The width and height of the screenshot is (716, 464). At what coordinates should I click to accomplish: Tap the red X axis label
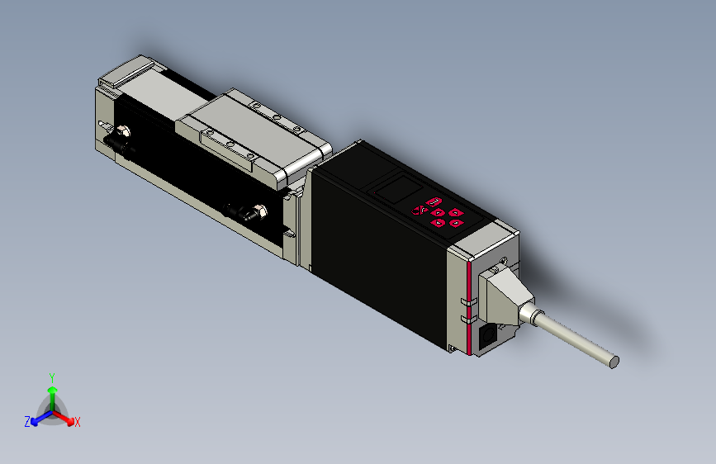78,422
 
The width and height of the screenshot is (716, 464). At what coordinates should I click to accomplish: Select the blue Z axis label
27,422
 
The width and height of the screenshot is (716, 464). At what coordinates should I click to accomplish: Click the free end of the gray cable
614,361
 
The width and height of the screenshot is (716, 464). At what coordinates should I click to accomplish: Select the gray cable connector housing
503,296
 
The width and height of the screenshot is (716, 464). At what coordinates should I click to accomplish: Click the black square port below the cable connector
488,335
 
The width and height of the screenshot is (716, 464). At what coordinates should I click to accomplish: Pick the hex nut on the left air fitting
123,131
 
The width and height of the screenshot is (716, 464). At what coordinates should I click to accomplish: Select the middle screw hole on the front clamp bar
231,145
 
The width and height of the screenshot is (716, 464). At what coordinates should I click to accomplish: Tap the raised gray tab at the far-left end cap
109,80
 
